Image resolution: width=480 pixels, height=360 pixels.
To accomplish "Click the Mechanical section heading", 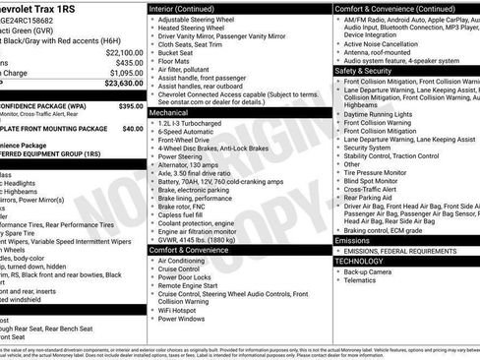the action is coord(169,113).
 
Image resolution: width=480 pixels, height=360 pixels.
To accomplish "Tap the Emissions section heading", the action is coord(353,240).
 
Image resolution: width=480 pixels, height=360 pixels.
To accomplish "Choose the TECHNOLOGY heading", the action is coord(359,261).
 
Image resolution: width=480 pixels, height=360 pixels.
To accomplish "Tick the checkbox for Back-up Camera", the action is coord(338,270).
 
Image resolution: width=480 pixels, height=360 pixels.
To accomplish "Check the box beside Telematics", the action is coord(338,280).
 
